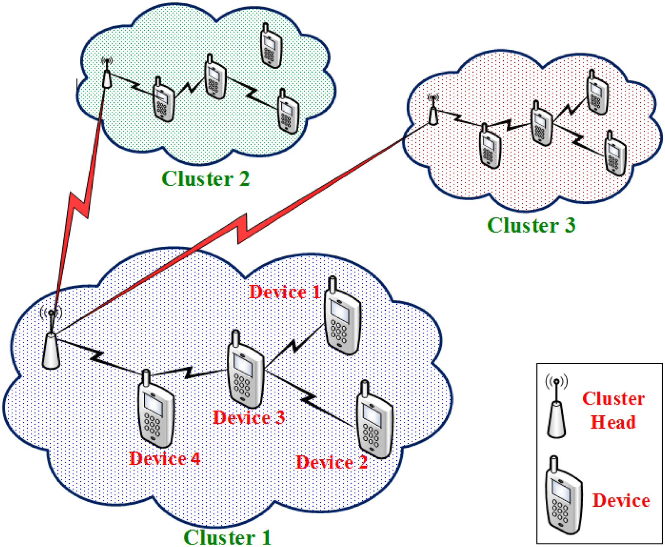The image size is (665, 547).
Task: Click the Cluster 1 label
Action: [x=227, y=537]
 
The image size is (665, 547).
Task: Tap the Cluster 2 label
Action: [x=205, y=179]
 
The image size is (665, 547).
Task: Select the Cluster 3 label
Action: [x=531, y=225]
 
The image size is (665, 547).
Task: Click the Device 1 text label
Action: [x=285, y=292]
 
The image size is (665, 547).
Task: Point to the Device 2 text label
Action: [x=331, y=462]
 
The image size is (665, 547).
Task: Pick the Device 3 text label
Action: [x=249, y=417]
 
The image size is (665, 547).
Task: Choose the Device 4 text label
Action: [x=164, y=458]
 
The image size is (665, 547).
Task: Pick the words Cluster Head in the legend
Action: [x=613, y=410]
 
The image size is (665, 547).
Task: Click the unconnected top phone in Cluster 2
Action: [x=271, y=47]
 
